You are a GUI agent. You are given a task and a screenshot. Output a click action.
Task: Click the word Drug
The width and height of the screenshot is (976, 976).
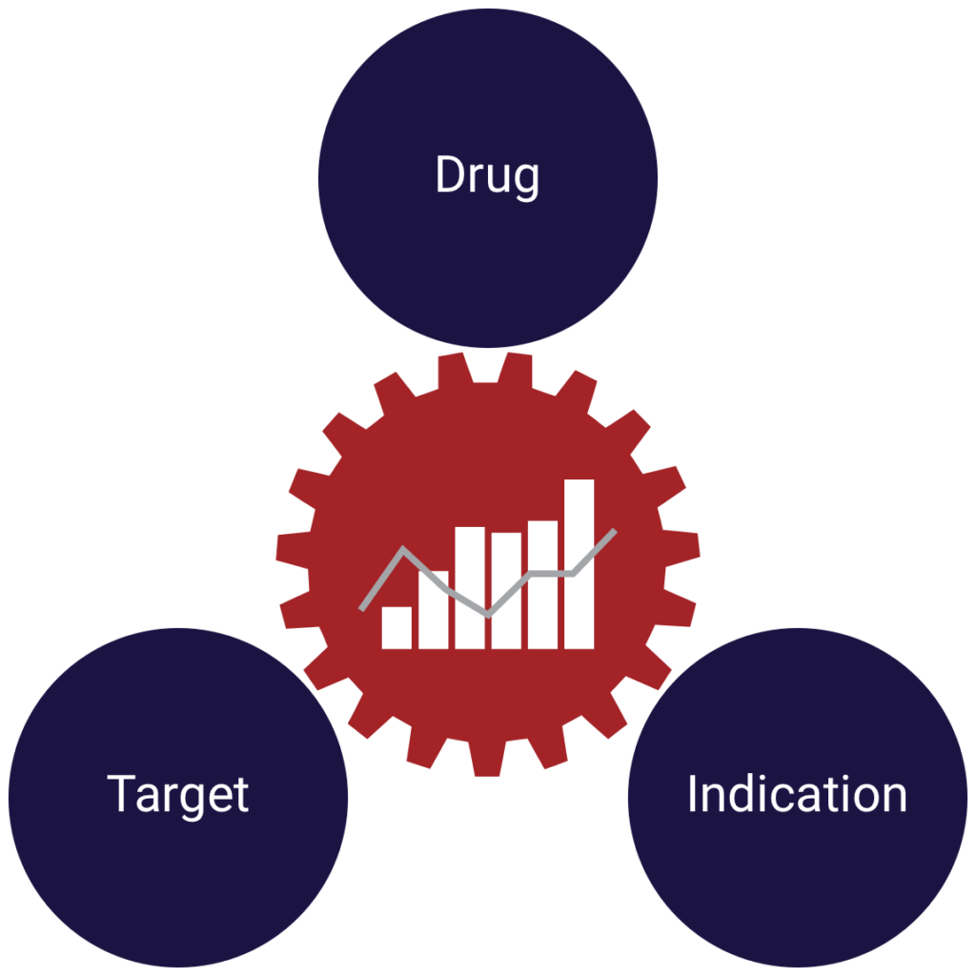point(487,177)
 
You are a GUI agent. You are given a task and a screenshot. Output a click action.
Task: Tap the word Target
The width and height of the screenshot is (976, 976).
point(178,795)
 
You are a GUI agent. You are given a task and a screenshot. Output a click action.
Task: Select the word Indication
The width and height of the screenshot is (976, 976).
point(797,795)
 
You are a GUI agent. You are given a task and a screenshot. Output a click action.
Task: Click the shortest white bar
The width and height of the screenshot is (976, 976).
point(396,628)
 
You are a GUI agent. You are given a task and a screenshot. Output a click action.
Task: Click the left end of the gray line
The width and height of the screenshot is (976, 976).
point(362,607)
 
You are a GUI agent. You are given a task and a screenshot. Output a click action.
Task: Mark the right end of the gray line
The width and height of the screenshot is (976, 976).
point(615,531)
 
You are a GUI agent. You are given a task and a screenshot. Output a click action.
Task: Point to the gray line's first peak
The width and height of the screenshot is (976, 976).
point(404,549)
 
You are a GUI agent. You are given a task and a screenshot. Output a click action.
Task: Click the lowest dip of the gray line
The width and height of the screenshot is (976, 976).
point(488,615)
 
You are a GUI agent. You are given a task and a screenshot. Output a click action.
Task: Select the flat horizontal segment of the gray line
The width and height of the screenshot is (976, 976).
point(553,573)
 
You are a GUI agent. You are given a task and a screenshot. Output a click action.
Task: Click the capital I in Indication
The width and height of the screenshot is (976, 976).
point(693,794)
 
